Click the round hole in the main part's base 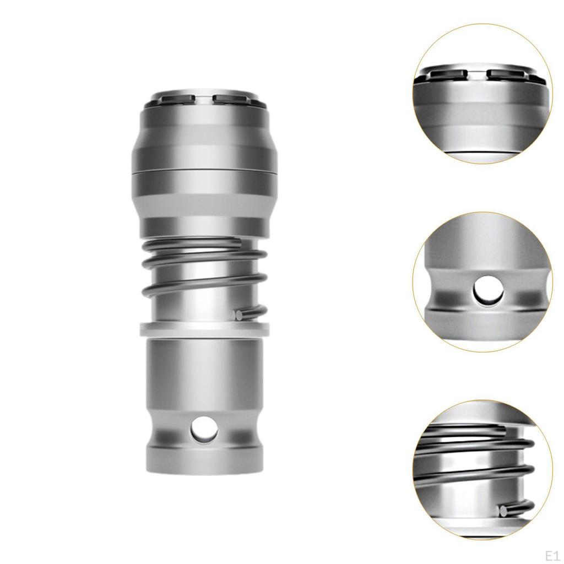pos(204,429)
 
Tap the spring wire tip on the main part pos(238,316)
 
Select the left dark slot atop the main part pos(178,99)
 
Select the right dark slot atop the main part pos(230,99)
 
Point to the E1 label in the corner pos(551,554)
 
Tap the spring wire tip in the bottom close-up pos(503,511)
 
